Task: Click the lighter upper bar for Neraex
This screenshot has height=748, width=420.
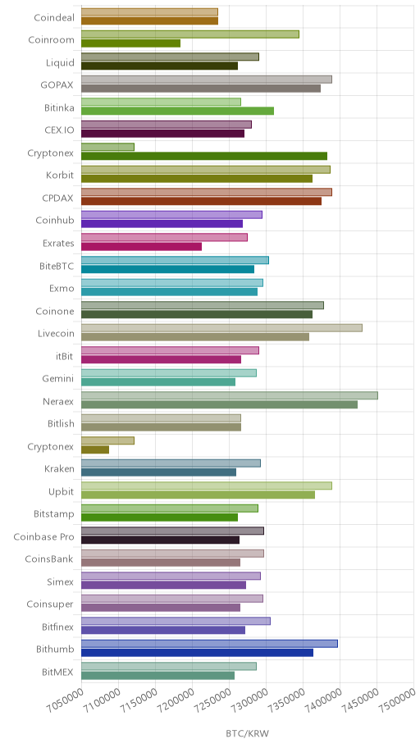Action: coord(230,395)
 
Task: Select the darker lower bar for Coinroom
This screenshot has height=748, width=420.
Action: coord(130,43)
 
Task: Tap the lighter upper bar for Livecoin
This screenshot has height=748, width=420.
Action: coord(222,328)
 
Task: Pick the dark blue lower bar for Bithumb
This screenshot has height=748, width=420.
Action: coord(197,653)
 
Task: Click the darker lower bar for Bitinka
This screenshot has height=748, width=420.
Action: coord(177,112)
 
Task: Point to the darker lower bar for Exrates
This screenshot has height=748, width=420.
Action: coord(141,247)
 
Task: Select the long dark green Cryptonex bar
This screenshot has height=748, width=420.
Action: coord(204,156)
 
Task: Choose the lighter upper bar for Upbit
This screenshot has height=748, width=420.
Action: coord(207,486)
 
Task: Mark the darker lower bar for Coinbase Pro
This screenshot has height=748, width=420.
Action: coord(160,540)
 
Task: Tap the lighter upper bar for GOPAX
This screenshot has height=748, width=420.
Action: coord(207,80)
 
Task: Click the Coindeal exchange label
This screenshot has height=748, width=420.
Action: coord(54,18)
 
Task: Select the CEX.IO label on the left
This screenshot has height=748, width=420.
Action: coord(59,130)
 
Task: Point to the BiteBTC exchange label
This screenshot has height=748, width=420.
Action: coord(57,267)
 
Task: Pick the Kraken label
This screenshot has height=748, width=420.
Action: coord(60,468)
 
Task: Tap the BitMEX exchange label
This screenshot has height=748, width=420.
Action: coord(57,673)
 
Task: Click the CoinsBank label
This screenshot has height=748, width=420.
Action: coord(50,559)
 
